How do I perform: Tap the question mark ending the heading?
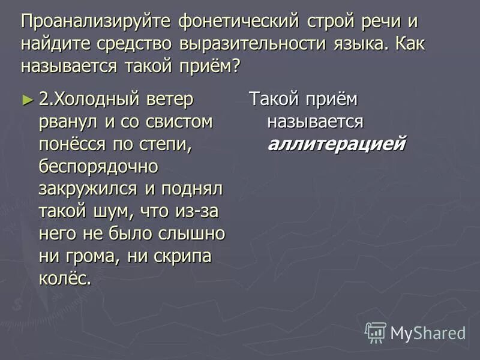point(235,65)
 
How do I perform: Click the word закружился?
point(88,188)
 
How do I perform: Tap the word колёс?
point(65,277)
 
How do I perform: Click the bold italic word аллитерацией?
point(337,144)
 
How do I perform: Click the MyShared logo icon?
point(376,332)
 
